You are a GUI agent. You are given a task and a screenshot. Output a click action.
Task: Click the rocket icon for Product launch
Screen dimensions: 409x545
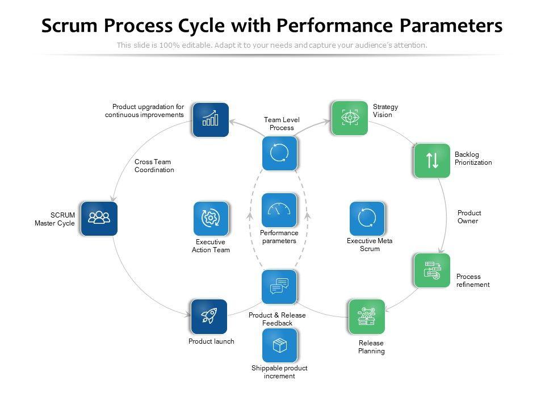(x=209, y=316)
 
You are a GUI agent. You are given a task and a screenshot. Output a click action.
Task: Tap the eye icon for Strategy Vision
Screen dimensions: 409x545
(x=349, y=118)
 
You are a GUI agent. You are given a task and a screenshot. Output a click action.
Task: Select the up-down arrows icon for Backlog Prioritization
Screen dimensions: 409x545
(x=432, y=160)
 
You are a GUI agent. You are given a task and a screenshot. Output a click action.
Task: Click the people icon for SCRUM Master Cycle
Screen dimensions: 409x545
(x=99, y=218)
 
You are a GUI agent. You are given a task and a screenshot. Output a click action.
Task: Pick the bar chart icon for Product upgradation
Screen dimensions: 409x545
(x=210, y=119)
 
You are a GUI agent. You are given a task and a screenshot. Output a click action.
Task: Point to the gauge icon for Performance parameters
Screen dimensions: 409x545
(x=279, y=210)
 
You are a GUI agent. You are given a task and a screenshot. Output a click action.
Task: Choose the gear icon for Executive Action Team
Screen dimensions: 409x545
(x=211, y=219)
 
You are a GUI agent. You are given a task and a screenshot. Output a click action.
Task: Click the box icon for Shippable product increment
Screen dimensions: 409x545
(x=279, y=345)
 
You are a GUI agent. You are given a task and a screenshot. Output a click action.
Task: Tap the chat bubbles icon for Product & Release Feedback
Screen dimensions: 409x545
(x=279, y=287)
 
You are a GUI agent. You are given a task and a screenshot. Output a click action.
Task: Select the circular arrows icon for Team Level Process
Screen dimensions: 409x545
(x=279, y=153)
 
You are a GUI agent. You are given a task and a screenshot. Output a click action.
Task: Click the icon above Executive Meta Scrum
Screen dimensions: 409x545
(x=367, y=219)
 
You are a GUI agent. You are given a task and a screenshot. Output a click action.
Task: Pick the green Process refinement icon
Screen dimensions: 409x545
(x=432, y=270)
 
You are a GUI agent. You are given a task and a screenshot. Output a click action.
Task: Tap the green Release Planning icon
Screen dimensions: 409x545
(x=367, y=316)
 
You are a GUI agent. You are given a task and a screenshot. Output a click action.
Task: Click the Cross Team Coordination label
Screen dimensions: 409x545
(x=154, y=166)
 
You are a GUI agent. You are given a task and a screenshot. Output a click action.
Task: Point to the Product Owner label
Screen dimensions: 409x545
(x=469, y=217)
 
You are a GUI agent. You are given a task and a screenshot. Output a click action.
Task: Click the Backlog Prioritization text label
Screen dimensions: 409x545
(x=473, y=158)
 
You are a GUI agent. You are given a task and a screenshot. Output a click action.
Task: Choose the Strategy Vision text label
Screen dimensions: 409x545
(x=385, y=110)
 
